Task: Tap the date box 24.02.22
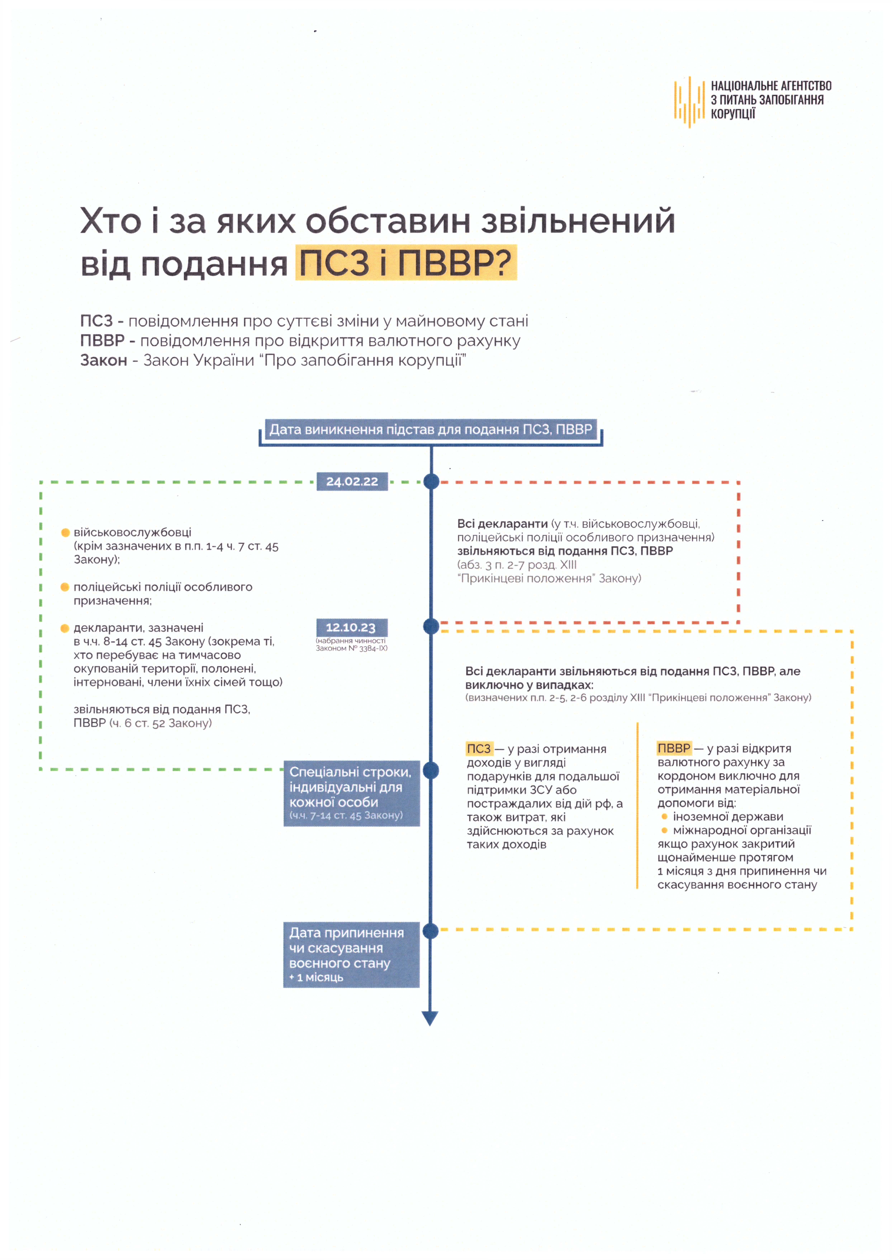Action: click(x=352, y=481)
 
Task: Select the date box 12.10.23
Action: click(x=352, y=627)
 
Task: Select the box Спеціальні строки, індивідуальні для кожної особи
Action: click(x=352, y=793)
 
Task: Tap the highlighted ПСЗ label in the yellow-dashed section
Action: click(x=479, y=749)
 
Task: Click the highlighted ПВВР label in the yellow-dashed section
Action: click(x=674, y=748)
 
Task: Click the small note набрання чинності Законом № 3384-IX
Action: click(x=352, y=644)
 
